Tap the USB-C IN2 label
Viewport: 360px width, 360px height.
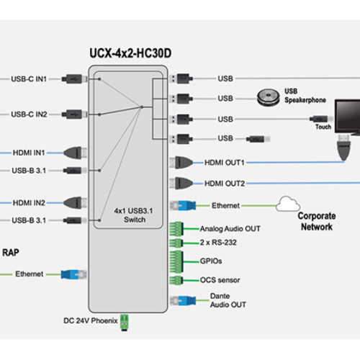[30, 114]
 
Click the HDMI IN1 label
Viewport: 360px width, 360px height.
[29, 153]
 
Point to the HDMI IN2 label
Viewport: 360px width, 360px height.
[29, 203]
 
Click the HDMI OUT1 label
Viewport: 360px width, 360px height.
[225, 163]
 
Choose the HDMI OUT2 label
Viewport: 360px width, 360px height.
[225, 184]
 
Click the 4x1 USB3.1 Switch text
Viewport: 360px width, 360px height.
[130, 215]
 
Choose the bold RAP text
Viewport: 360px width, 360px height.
[10, 252]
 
